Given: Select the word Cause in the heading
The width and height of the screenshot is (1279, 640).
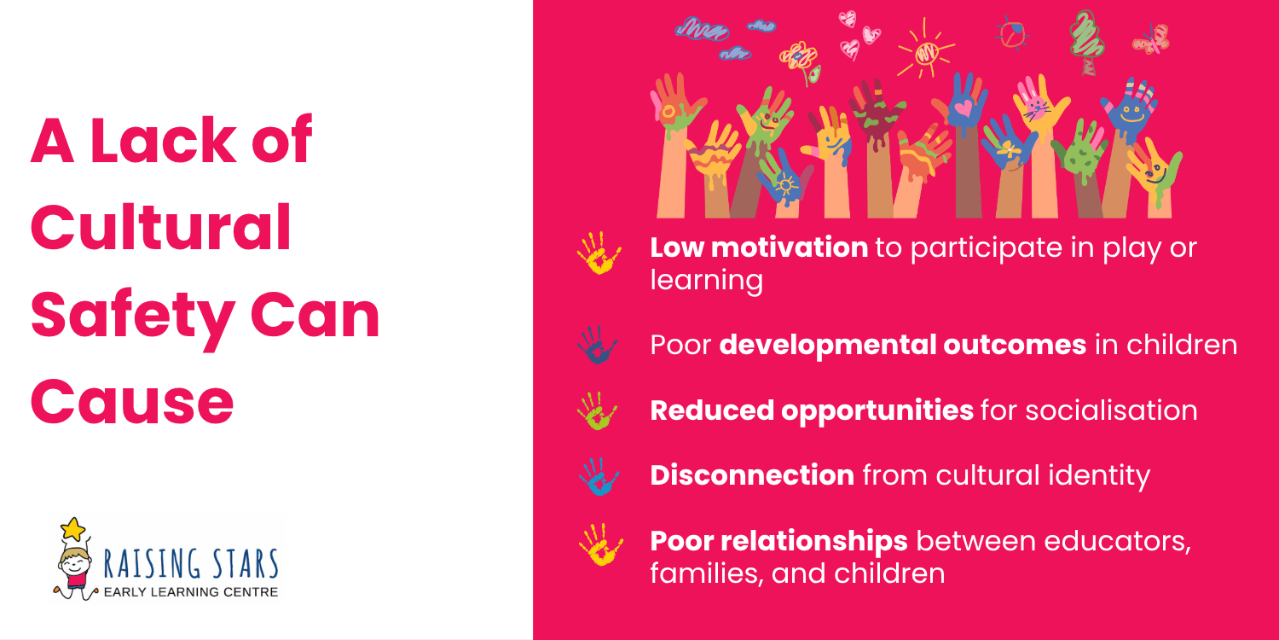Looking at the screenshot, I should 132,402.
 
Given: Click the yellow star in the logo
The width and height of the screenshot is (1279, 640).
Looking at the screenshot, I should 75,530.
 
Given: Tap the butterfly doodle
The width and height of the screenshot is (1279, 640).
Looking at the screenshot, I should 1150,38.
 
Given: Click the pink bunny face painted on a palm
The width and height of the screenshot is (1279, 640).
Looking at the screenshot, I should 1037,107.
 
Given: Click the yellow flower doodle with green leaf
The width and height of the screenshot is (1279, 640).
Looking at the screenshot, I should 800,57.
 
